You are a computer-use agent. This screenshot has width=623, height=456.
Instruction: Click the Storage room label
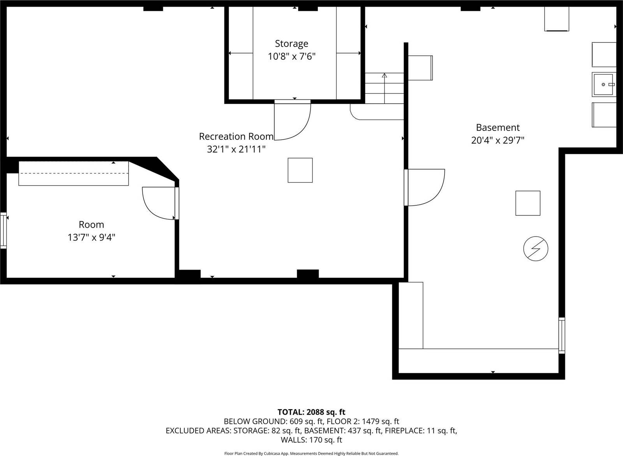tap(291, 44)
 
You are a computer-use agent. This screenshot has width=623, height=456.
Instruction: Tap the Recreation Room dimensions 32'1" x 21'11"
tap(236, 149)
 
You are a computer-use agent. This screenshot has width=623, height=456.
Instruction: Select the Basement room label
tap(498, 127)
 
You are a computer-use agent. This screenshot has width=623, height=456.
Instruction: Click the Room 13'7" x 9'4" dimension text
tap(92, 237)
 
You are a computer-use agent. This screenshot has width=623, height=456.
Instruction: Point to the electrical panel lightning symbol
tap(536, 248)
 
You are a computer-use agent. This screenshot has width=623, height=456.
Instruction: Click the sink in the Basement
tap(604, 85)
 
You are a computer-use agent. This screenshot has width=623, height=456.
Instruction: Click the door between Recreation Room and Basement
tap(425, 187)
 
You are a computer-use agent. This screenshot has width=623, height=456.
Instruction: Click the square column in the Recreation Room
tap(300, 170)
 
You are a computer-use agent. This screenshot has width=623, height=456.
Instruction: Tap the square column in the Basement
tap(528, 203)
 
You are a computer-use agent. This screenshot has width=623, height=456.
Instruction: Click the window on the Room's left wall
tap(4, 230)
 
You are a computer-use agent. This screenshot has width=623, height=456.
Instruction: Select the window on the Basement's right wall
tap(561, 335)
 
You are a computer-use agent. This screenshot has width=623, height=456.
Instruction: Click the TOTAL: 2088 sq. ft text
tap(311, 412)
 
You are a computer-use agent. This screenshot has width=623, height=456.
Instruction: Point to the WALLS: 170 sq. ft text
tap(311, 440)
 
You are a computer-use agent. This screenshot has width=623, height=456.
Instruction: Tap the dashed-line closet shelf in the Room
tap(74, 173)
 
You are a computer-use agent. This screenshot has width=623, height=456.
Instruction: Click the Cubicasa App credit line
tap(311, 453)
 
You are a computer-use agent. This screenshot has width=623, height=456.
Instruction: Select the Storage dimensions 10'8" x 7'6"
tap(291, 57)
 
